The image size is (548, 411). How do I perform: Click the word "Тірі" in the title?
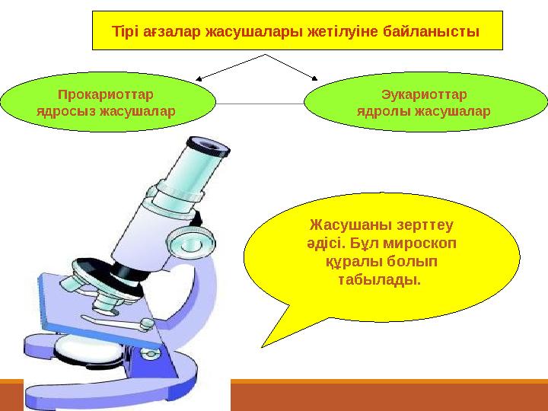point(126,33)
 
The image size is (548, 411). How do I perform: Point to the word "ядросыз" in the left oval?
point(63,111)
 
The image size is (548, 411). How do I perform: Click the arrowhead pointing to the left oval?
point(200,77)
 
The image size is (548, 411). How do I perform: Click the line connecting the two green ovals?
point(259,103)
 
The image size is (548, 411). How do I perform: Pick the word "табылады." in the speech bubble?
point(378,279)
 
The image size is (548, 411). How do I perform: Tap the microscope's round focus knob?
point(185,241)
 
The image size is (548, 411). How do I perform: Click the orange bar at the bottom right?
point(388,397)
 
